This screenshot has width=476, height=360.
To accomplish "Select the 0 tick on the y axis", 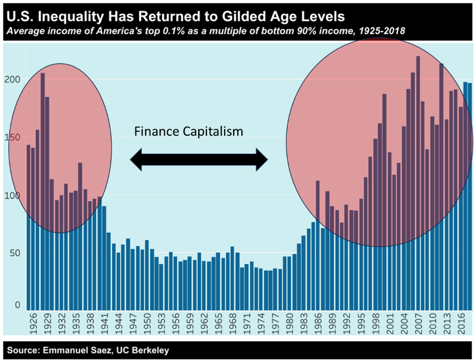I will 17,305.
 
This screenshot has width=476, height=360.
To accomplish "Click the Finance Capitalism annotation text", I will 188,131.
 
